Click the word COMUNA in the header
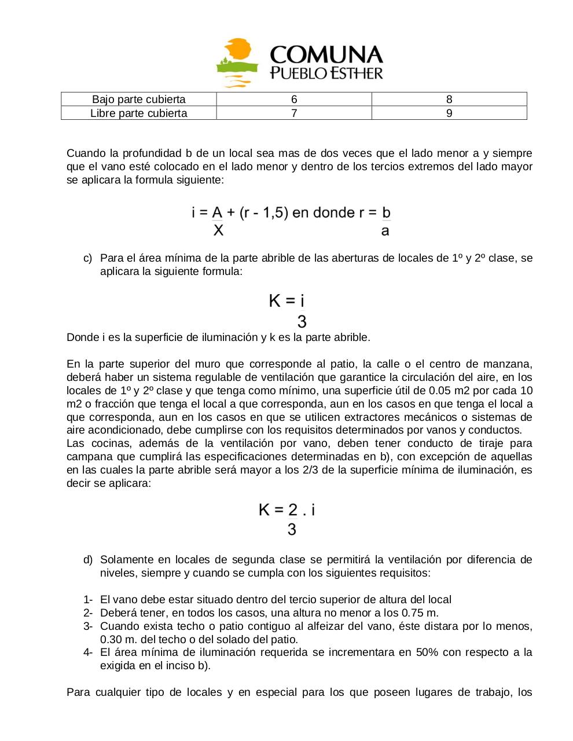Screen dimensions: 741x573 (326, 56)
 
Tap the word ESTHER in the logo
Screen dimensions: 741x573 (352, 74)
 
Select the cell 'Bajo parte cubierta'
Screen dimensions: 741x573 (139, 100)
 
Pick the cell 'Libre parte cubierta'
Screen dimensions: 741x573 (139, 113)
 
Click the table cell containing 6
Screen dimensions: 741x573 (294, 100)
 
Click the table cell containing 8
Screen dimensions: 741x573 (449, 100)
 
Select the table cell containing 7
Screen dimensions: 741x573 (294, 113)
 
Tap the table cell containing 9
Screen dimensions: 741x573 (449, 113)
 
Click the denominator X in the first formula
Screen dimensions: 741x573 (218, 231)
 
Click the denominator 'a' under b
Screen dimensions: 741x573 (385, 231)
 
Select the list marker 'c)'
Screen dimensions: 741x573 (88, 258)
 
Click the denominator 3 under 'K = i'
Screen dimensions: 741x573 (302, 321)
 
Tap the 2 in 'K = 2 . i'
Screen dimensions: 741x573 (293, 510)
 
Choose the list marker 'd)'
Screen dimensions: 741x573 (88, 560)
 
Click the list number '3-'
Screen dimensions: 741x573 (88, 626)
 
